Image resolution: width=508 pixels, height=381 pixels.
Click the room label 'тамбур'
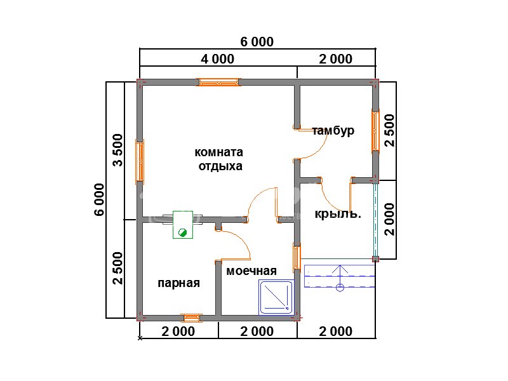333,131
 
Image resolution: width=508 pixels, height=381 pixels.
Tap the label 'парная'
178,283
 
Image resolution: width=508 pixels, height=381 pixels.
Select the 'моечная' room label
251,271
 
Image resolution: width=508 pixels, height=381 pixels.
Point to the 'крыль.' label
338,214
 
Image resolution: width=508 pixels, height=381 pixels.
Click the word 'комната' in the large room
218,152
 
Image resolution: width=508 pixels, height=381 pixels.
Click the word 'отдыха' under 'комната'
220,166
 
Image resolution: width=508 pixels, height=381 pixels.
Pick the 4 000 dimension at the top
217,59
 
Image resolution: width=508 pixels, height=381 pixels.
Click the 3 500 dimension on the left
118,150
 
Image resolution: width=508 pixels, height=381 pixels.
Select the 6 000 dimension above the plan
257,42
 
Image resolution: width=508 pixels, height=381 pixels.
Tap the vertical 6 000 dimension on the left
100,199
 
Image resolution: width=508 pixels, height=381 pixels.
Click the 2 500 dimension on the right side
390,131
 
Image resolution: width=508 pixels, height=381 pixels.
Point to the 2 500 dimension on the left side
118,268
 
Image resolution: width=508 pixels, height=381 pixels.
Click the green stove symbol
183,225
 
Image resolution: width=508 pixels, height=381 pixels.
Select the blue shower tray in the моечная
276,297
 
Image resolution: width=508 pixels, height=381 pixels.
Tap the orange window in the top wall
218,83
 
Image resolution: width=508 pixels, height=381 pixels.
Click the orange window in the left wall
140,161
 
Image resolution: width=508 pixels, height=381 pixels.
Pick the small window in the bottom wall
191,318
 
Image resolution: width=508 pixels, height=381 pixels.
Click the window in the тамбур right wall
375,131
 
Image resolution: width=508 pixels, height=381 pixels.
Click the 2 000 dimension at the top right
336,59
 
